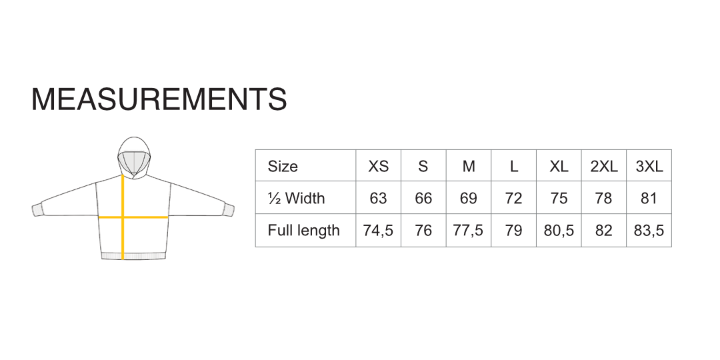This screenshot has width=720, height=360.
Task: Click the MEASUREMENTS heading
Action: coord(159,99)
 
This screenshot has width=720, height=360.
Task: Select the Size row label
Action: coord(283,166)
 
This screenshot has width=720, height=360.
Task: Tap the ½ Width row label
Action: coord(296,198)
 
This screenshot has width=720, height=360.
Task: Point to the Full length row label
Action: coord(303,229)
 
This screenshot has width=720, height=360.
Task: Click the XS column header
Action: coord(379,166)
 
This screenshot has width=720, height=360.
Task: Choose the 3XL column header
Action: coord(649,166)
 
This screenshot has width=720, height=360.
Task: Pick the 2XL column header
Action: coord(604,166)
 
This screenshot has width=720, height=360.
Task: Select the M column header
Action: coord(469,166)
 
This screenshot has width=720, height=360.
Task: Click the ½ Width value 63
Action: coord(379,198)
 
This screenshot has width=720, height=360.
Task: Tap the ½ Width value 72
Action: coord(513,198)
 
